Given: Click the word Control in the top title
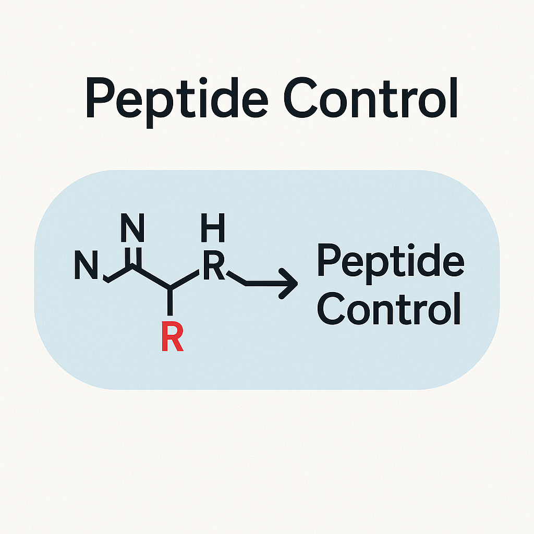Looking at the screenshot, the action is tap(371, 98).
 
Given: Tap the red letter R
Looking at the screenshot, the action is tap(173, 336).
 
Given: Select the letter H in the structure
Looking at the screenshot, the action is tap(213, 228).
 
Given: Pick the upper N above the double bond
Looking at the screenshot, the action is tap(132, 228).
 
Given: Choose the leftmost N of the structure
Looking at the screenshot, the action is tap(86, 265).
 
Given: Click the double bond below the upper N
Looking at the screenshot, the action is tap(133, 258).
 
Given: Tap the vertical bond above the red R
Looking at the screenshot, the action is tap(170, 302).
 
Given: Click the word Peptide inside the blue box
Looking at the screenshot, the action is tap(391, 263).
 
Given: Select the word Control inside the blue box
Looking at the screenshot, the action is tap(389, 309).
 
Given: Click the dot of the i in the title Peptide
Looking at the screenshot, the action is tap(203, 81).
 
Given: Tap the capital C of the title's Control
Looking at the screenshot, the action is tap(301, 98).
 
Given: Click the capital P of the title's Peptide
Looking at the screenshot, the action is tap(100, 98).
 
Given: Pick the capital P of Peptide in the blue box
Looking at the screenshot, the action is tap(329, 260).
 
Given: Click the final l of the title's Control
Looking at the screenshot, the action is tap(454, 98).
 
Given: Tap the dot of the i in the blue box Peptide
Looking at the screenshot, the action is tap(411, 246).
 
